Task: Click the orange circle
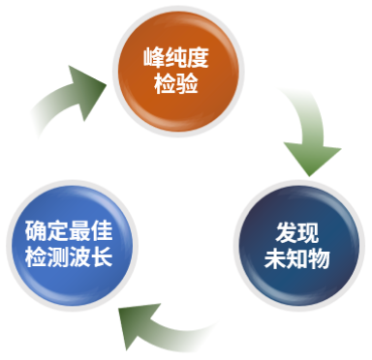[178, 72]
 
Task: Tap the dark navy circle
[299, 246]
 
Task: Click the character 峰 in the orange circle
[154, 57]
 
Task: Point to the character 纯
[175, 57]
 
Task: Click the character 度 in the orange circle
[198, 57]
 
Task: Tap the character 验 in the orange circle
[187, 83]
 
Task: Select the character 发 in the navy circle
[286, 232]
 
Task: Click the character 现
[308, 232]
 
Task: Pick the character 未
[275, 258]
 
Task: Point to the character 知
[297, 258]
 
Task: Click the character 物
[319, 258]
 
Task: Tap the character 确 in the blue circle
[36, 230]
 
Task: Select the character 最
[79, 230]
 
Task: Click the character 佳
[102, 230]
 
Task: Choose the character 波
[79, 256]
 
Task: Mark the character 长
[102, 256]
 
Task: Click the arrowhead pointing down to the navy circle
[311, 158]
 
